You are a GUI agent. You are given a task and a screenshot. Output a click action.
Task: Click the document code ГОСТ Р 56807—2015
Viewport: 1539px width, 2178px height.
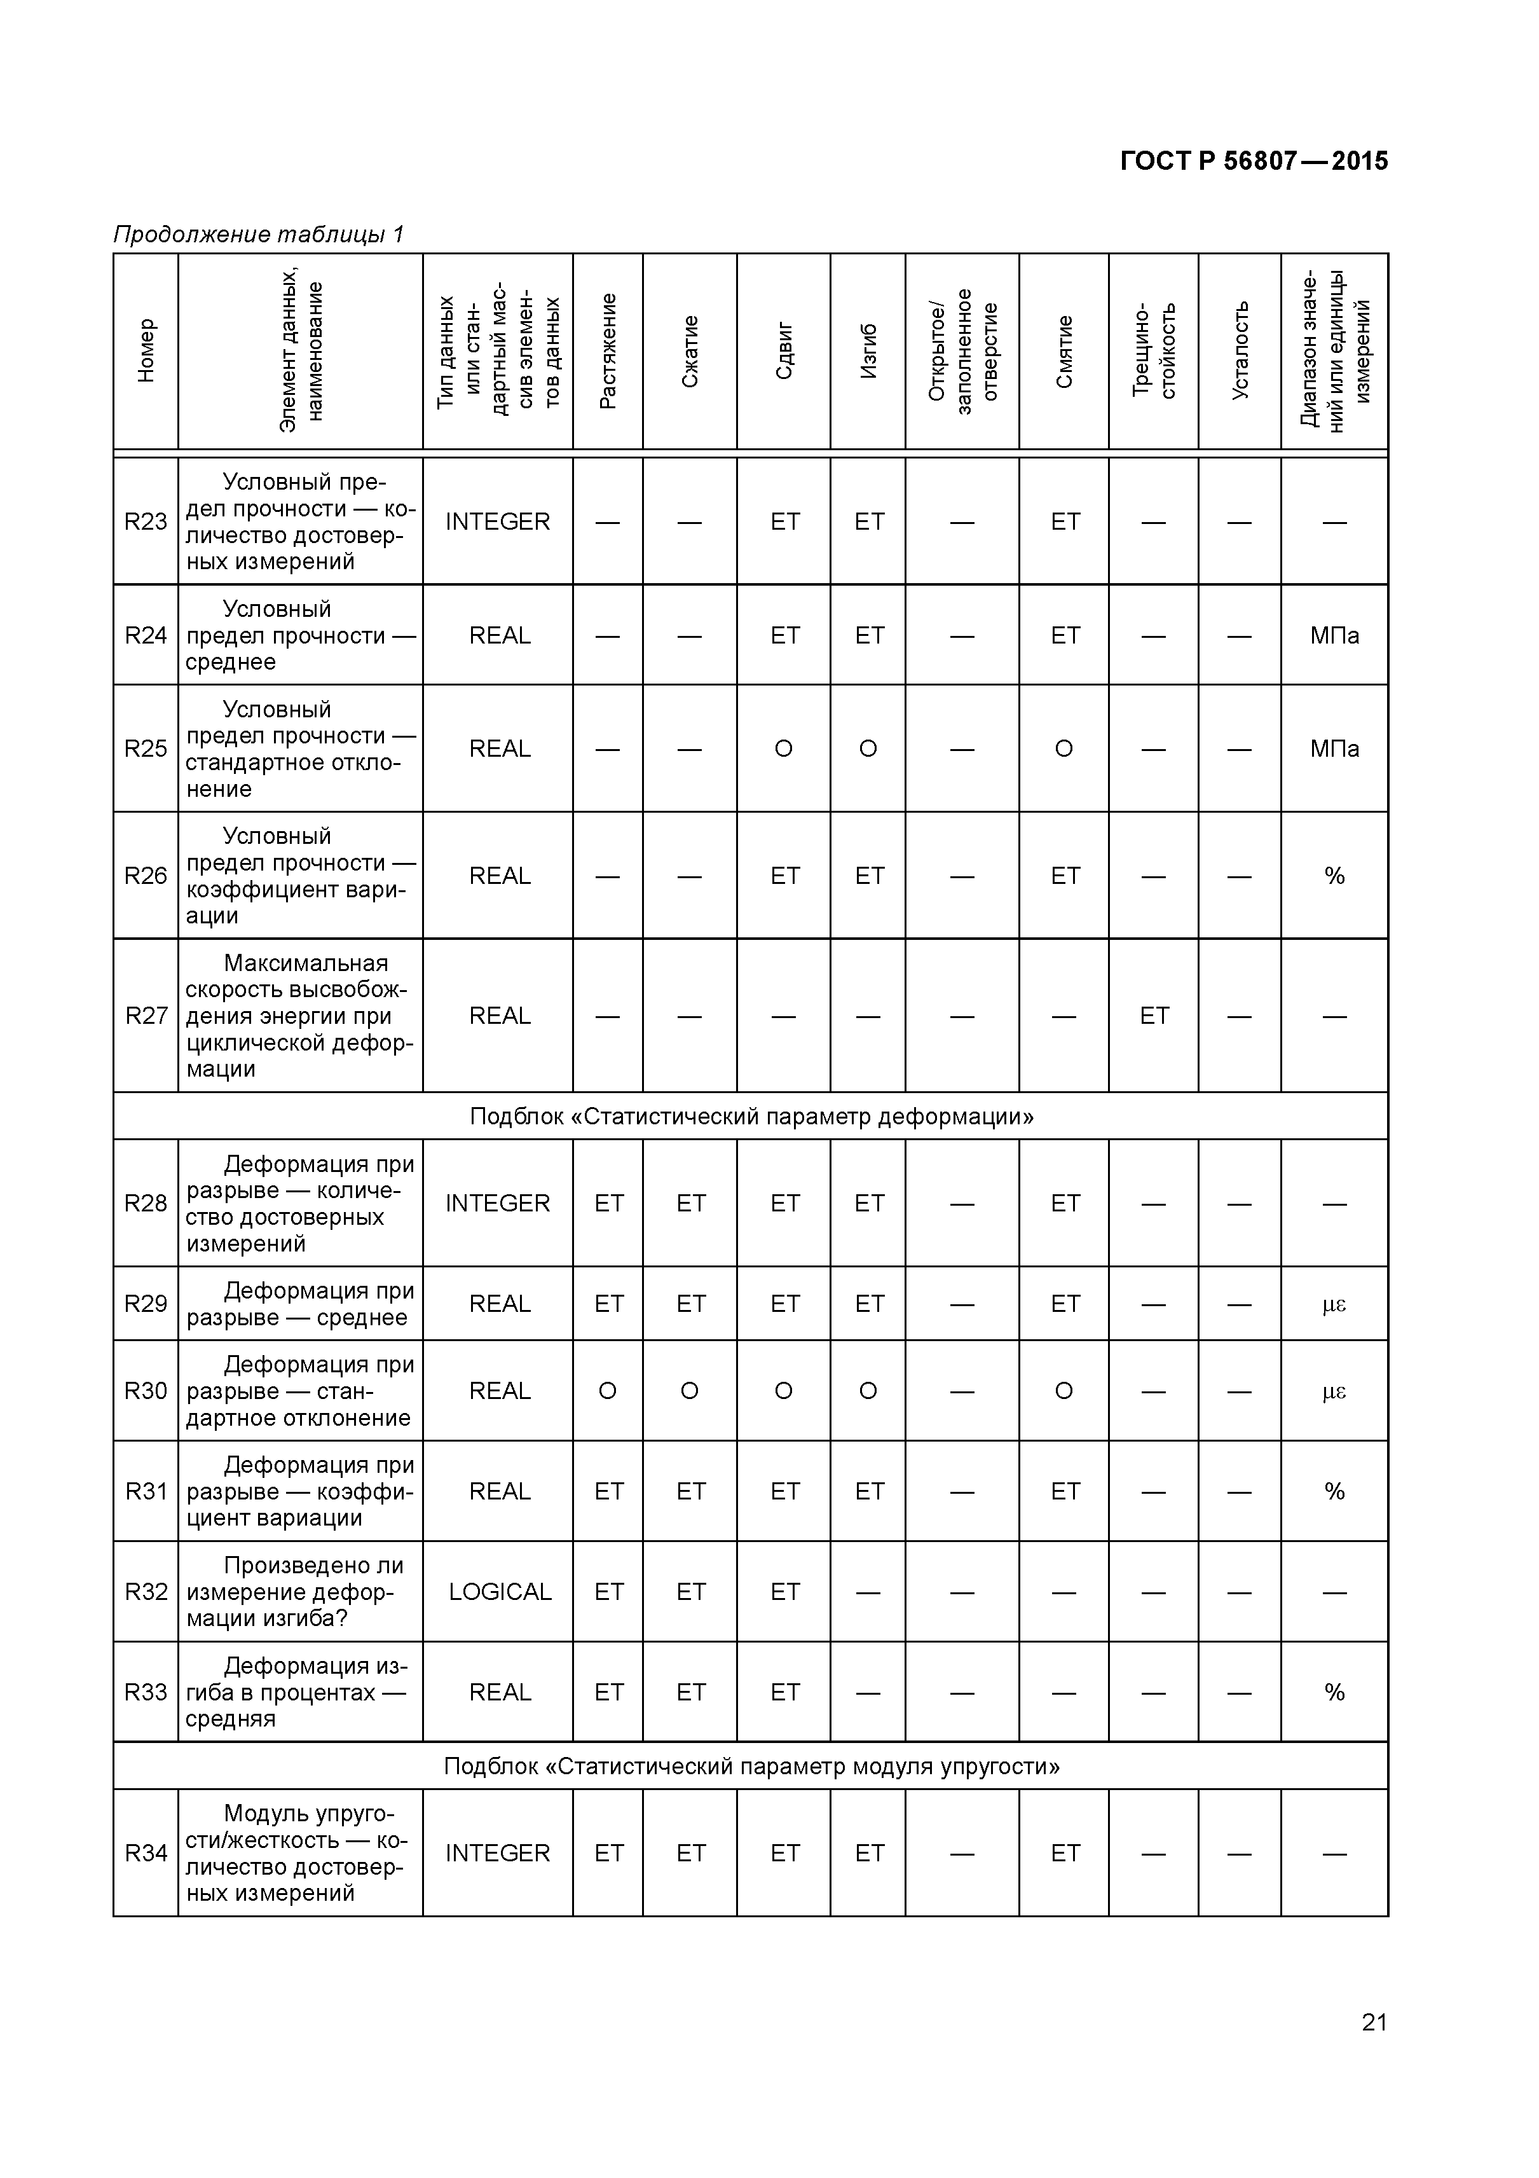tap(1253, 162)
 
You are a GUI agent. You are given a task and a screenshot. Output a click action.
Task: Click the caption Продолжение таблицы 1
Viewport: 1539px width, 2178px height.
tap(259, 234)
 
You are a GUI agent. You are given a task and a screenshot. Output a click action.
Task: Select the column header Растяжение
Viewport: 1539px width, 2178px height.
tap(608, 351)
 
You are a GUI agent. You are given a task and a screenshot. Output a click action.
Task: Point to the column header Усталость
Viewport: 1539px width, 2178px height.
tap(1240, 351)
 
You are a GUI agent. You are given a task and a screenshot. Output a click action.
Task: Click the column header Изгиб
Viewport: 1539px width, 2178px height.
tap(868, 351)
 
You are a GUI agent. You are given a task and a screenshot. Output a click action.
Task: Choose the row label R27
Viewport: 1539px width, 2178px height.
tap(146, 1016)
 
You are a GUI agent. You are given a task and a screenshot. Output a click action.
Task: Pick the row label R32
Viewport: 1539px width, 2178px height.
tap(146, 1592)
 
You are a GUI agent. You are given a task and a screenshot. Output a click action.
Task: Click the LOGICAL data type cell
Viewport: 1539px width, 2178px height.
tap(499, 1592)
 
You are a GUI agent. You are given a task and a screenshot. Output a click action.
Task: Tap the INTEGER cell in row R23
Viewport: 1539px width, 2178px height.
tap(498, 521)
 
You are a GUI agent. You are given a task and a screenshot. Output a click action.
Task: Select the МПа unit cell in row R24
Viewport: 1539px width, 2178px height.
tap(1334, 635)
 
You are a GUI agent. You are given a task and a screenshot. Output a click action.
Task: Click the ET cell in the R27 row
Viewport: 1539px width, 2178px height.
tap(1154, 1016)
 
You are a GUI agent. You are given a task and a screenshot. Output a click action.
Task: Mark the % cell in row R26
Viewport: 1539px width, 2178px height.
tap(1334, 876)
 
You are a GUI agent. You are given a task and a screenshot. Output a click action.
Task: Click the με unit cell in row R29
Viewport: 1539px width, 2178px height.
tap(1334, 1304)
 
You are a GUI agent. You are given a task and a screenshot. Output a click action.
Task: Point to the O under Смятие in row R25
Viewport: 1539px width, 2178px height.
tap(1064, 749)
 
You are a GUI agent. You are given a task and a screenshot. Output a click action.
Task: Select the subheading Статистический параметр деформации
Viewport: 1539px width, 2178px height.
tap(751, 1117)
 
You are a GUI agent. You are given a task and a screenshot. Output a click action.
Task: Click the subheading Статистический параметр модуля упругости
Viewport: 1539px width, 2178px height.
tap(751, 1767)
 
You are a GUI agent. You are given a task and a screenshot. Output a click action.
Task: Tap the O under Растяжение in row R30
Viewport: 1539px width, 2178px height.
tap(608, 1391)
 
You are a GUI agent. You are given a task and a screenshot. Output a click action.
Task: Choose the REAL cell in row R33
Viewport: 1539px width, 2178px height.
tap(499, 1692)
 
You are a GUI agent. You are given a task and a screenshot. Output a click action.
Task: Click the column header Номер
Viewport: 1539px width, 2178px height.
tap(146, 351)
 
